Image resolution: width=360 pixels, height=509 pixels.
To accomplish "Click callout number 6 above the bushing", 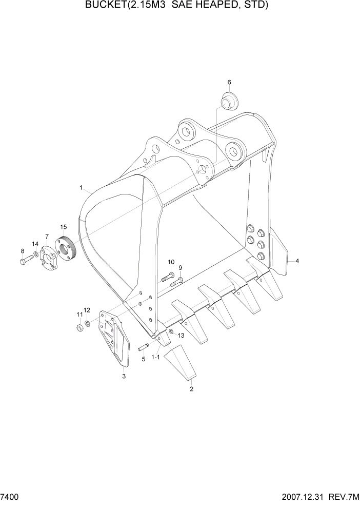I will coord(229,82).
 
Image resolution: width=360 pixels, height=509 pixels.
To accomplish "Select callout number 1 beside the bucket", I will coord(81,188).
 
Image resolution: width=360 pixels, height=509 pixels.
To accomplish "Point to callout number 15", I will coord(63,226).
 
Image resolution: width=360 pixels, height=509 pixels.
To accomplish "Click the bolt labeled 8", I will coord(25,261).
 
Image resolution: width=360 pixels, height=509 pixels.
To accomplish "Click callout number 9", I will coord(181,267).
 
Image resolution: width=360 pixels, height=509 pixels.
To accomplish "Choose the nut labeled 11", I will coord(80,327).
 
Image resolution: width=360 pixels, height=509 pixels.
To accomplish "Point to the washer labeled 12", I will coord(88,323).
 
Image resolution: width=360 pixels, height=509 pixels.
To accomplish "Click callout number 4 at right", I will coord(297,261).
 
